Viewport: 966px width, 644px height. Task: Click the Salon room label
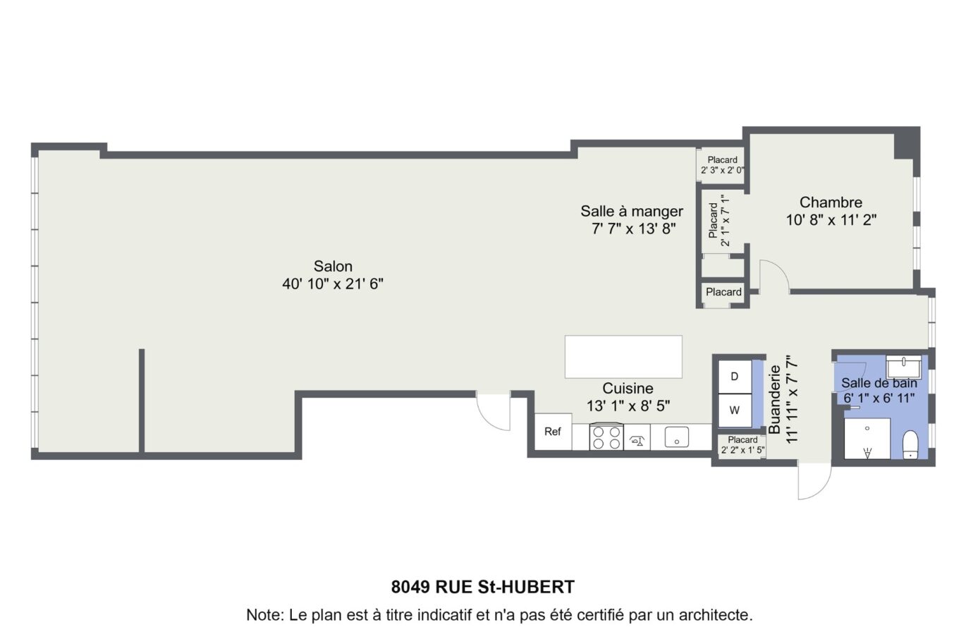click(333, 266)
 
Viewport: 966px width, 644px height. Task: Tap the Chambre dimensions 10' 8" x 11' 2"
click(831, 220)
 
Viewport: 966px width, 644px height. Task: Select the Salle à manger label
click(631, 211)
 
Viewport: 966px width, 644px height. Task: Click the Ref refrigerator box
click(552, 432)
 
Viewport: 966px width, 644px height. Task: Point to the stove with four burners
click(606, 437)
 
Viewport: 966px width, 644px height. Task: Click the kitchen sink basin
click(676, 437)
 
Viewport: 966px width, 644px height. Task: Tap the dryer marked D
click(734, 377)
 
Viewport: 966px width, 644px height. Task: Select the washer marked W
click(734, 411)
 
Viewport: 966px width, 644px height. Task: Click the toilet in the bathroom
click(910, 444)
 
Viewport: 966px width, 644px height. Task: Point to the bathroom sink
click(903, 367)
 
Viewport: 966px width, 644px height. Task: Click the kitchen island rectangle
click(623, 356)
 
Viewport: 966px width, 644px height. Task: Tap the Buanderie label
click(774, 399)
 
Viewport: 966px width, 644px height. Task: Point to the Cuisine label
click(628, 388)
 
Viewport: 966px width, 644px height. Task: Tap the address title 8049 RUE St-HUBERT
click(483, 587)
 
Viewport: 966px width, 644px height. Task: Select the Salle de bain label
click(879, 383)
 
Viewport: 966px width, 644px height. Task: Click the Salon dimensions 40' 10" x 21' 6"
click(333, 284)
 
